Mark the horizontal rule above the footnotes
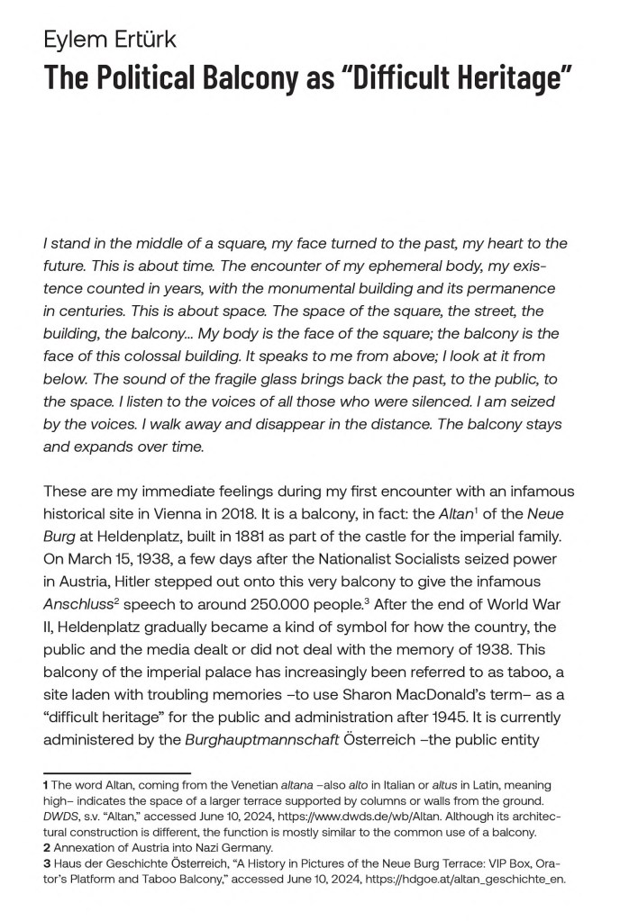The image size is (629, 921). pyautogui.click(x=117, y=772)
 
